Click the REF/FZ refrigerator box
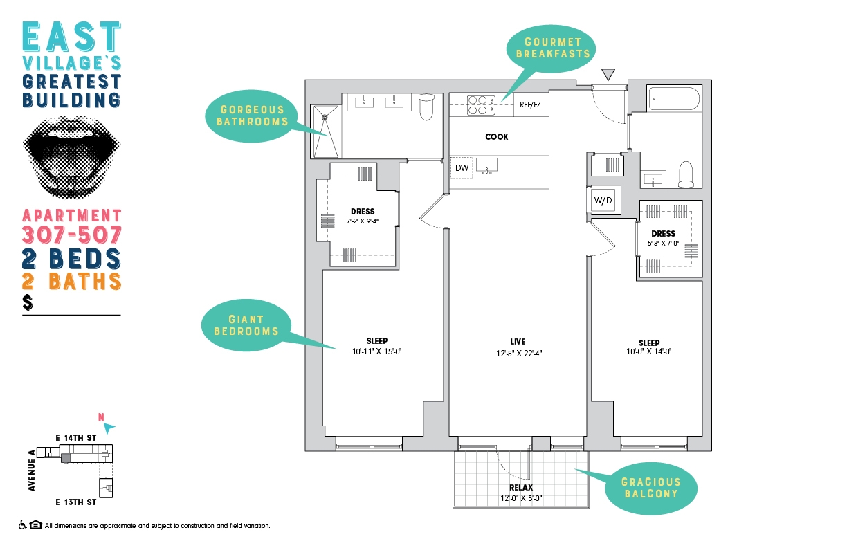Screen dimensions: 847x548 (531, 104)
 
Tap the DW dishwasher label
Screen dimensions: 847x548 (462, 168)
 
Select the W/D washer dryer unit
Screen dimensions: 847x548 (603, 200)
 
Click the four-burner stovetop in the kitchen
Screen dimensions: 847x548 (481, 105)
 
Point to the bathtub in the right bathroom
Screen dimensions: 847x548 (674, 99)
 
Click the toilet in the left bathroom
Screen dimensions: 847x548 (426, 107)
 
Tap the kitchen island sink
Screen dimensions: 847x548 (486, 165)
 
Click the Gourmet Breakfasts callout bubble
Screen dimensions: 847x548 (552, 48)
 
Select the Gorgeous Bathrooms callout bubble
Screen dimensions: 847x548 (251, 116)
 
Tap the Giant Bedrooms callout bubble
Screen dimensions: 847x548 (246, 325)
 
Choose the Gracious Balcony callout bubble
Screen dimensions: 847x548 (651, 488)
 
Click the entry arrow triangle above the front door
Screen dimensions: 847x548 (608, 74)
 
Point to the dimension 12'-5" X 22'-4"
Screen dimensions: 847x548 (519, 354)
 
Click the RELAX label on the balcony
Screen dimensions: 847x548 (521, 488)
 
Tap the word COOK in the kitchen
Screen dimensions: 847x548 (497, 137)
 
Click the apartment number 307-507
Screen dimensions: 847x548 (72, 235)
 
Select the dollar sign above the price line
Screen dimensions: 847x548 (28, 302)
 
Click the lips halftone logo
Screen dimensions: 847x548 (71, 156)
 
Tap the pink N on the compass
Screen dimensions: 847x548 (101, 417)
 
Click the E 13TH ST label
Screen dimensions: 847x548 (76, 502)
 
